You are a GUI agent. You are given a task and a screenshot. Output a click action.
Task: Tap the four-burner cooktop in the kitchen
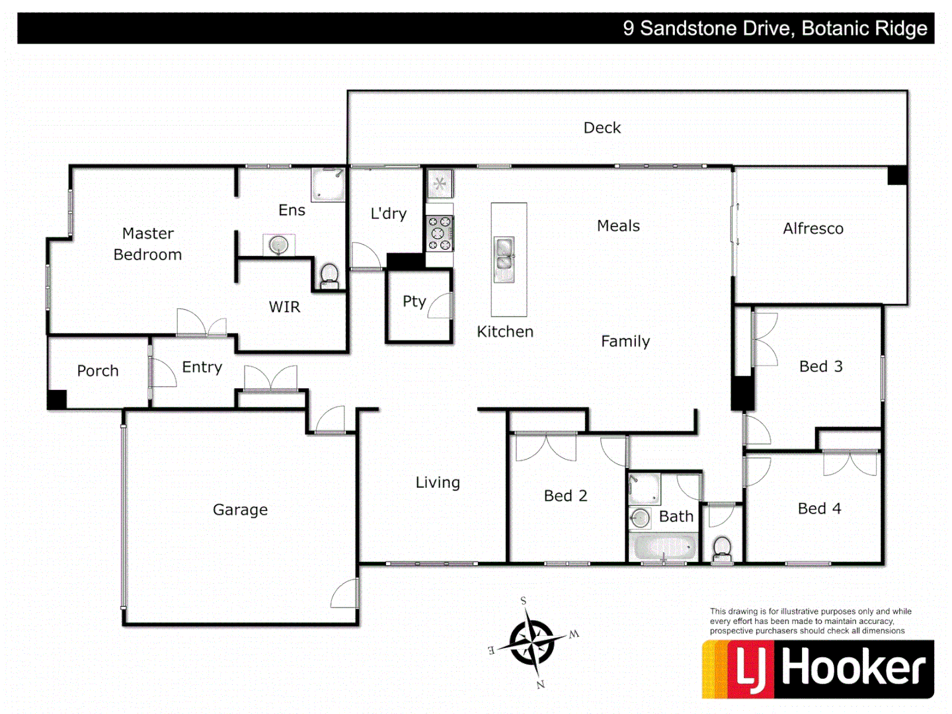(439, 233)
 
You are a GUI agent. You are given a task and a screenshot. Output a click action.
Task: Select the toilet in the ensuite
(329, 275)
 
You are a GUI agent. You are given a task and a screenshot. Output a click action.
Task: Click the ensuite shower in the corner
(328, 184)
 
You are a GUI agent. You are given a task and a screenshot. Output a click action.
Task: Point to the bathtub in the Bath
(663, 547)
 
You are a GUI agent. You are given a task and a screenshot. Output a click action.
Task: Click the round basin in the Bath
(640, 518)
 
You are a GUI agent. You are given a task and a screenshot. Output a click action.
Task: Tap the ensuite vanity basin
(279, 245)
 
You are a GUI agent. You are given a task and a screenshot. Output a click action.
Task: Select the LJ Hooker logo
(818, 668)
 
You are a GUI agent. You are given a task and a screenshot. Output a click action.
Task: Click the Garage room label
(240, 510)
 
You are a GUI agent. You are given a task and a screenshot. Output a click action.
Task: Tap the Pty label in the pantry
(415, 301)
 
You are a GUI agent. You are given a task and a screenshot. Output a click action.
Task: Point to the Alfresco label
(813, 229)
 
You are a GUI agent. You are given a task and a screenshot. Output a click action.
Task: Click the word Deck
(602, 128)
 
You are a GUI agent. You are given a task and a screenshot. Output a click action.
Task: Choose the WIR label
(284, 307)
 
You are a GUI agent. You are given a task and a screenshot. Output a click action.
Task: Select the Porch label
(98, 371)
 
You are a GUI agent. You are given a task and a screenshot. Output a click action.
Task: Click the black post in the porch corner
(57, 399)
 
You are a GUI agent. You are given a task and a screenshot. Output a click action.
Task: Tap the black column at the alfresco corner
(897, 175)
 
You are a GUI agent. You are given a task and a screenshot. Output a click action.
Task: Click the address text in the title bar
(775, 28)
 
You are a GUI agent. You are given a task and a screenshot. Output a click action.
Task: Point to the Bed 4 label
(819, 508)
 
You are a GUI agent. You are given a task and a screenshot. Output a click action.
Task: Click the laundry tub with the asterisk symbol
(440, 183)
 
